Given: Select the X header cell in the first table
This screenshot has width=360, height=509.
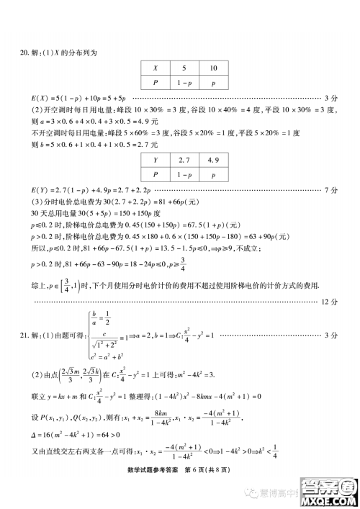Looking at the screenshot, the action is click(153, 69).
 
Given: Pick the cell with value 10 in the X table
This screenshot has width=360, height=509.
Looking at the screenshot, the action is click(214, 69).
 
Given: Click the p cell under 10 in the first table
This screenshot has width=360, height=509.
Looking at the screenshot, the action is click(214, 84).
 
